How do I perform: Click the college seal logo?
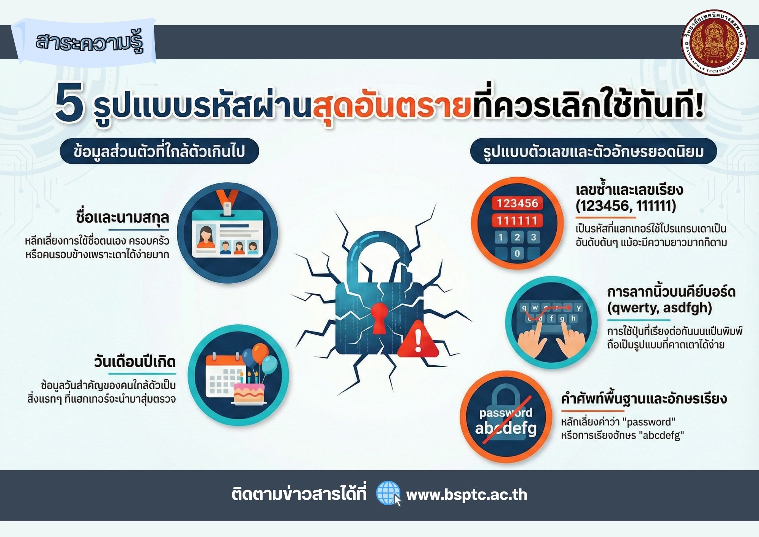point(715,42)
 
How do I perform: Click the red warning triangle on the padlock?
point(417,339)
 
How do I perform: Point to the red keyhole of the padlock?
point(379,317)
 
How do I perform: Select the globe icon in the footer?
point(388,493)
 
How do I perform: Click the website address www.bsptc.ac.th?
point(466,494)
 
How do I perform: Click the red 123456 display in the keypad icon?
point(517,203)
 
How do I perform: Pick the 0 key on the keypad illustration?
point(517,253)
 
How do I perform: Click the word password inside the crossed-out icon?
point(505,413)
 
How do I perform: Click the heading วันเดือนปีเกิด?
point(135,362)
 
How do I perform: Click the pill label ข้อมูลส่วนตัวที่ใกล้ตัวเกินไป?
point(159,151)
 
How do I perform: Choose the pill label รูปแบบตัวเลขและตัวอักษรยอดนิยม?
point(593,151)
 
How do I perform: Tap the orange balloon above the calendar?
point(260,353)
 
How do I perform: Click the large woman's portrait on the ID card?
point(206,237)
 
